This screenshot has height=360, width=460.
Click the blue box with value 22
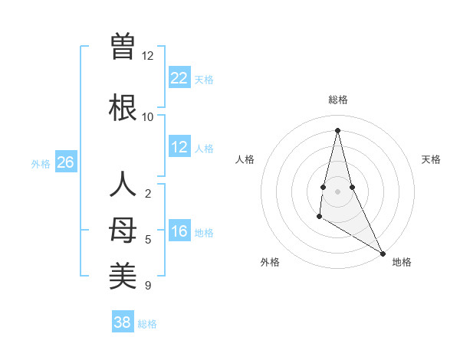click(179, 78)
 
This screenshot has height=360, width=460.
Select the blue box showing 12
click(179, 147)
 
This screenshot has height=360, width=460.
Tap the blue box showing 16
click(179, 232)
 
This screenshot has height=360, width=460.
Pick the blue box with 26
click(66, 162)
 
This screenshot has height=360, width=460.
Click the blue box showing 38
click(123, 322)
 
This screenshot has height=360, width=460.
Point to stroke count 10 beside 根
click(147, 117)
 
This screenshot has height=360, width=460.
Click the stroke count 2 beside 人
click(147, 194)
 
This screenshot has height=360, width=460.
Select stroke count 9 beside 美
click(147, 286)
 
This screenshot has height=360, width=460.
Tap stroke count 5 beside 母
click(147, 240)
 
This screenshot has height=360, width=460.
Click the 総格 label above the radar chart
click(338, 100)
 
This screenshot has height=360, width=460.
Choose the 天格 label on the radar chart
click(431, 159)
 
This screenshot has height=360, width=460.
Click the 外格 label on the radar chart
click(270, 262)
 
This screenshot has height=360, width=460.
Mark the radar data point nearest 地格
click(383, 253)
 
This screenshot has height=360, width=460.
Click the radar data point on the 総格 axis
click(337, 130)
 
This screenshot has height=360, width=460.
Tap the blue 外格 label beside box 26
click(41, 163)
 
